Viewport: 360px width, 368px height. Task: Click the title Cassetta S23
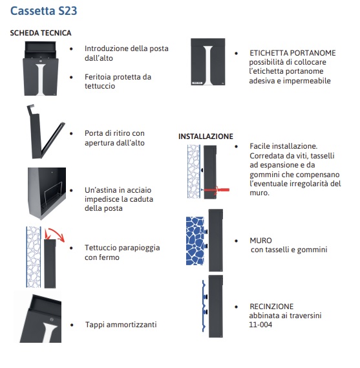click(43, 11)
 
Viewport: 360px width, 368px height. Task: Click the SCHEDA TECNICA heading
click(41, 33)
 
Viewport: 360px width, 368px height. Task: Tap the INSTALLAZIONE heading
click(206, 136)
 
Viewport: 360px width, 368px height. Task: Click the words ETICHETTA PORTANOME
click(292, 53)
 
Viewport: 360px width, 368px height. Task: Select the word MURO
click(260, 241)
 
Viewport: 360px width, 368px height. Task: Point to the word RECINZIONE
click(271, 307)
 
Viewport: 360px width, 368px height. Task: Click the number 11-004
click(260, 325)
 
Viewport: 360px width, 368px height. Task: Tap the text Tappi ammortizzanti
click(121, 325)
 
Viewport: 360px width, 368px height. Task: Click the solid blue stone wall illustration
click(195, 241)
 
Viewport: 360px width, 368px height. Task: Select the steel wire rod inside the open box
click(53, 191)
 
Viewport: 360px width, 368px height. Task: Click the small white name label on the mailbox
click(197, 83)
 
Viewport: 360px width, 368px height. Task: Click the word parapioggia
click(138, 248)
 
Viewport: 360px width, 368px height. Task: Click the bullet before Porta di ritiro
click(71, 133)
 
